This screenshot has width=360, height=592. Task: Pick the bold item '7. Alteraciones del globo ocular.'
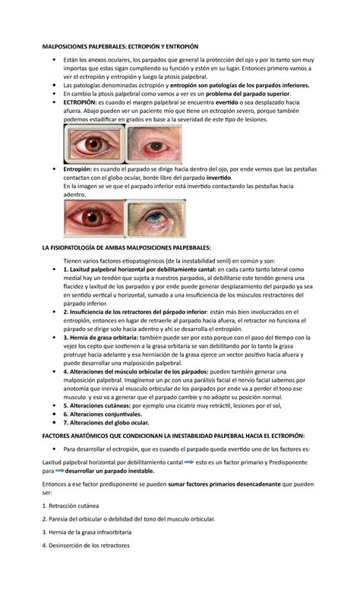(x=107, y=423)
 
